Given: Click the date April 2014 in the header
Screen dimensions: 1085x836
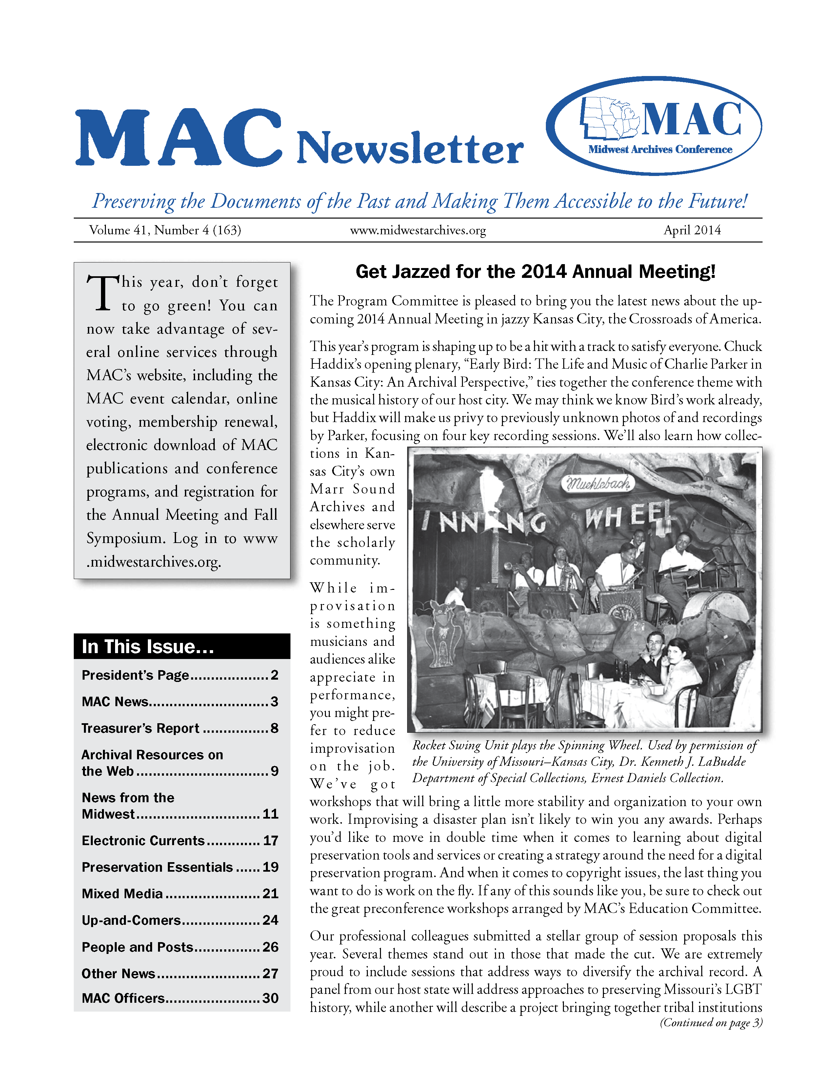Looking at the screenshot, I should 692,230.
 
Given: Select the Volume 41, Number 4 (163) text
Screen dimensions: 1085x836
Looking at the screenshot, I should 165,230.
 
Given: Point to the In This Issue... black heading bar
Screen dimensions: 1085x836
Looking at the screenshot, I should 182,646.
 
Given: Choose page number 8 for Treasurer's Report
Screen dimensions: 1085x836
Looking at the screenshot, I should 274,728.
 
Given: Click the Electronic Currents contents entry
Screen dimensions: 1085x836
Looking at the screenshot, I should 143,841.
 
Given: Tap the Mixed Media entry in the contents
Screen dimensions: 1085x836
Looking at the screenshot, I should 122,894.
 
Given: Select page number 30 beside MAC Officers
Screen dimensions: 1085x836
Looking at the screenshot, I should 270,998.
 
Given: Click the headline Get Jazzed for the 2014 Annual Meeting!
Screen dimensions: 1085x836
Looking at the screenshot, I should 535,272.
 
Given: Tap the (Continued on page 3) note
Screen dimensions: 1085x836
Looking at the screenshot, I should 711,1022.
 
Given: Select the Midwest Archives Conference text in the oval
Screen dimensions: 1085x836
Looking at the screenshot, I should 660,149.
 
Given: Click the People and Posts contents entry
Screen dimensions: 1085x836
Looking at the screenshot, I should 137,947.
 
